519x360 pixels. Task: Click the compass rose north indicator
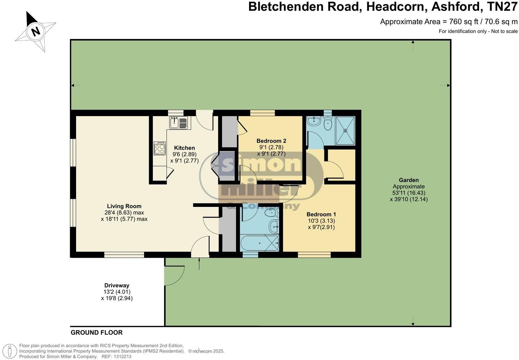(x=35, y=31)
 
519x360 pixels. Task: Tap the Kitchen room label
(x=185, y=148)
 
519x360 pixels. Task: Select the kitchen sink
(x=178, y=122)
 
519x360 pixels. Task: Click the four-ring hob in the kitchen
(x=160, y=148)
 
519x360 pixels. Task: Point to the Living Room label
(x=124, y=206)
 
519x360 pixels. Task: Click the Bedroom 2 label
(x=271, y=141)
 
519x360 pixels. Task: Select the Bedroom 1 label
(x=321, y=214)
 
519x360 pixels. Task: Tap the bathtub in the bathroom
(x=259, y=243)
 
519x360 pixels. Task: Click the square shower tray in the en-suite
(x=345, y=130)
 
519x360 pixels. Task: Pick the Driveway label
(x=117, y=285)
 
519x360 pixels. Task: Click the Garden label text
(x=408, y=180)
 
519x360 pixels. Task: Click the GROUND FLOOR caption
(x=97, y=332)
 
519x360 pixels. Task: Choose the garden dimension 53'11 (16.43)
(x=409, y=193)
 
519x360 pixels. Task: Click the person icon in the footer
(x=10, y=351)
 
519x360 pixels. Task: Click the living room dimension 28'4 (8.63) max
(x=124, y=212)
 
